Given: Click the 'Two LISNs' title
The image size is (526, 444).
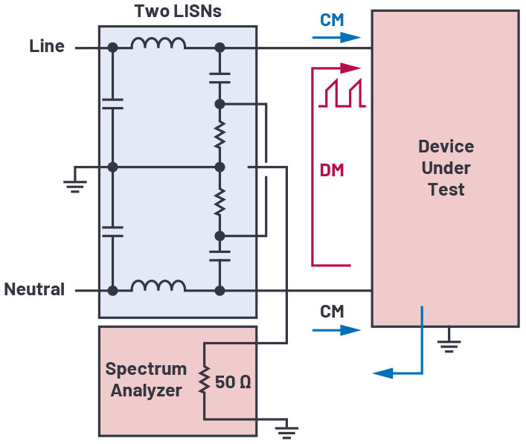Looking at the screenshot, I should pyautogui.click(x=177, y=12).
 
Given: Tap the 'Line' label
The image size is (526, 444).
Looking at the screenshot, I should pyautogui.click(x=47, y=46).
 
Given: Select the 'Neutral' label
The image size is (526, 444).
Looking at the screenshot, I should pyautogui.click(x=34, y=289).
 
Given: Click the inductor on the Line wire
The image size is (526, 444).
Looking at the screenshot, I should pyautogui.click(x=158, y=45).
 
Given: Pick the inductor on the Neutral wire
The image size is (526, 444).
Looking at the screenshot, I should pyautogui.click(x=158, y=286).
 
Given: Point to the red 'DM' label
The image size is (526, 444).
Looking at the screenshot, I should pyautogui.click(x=332, y=170).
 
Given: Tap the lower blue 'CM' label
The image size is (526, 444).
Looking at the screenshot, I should pyautogui.click(x=332, y=311).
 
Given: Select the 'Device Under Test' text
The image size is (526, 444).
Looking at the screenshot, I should pyautogui.click(x=446, y=167).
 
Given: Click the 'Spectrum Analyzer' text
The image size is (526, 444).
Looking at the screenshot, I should pyautogui.click(x=146, y=379).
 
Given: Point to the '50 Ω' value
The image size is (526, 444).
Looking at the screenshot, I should pyautogui.click(x=234, y=382).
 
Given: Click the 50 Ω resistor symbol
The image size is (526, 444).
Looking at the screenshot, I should pyautogui.click(x=205, y=381).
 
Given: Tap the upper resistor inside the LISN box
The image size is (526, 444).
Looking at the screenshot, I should pyautogui.click(x=219, y=135).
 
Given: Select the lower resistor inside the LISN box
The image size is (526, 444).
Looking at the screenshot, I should pyautogui.click(x=219, y=201).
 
